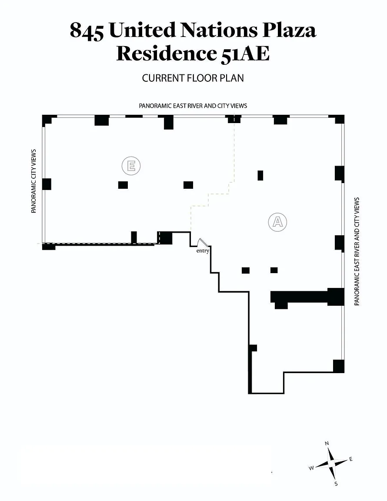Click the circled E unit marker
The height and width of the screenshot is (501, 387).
pos(131,166)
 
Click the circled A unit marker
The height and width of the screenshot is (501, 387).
pos(278,222)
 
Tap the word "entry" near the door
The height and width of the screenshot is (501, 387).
pos(203,251)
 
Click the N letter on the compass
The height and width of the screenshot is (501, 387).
pos(327,443)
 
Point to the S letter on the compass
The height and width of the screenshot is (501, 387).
pos(336,484)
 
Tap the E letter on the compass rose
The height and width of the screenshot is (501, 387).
pos(351,459)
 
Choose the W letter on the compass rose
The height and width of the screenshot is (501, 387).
pos(311,468)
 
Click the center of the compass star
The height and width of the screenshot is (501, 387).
pos(332,463)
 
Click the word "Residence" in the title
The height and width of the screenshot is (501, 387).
pos(166,53)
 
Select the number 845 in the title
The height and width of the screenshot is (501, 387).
pos(87,31)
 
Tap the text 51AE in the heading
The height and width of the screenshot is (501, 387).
pos(245,53)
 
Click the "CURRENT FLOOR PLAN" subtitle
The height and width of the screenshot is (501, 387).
pos(193,78)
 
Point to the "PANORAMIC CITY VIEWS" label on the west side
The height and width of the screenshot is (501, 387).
pos(33,181)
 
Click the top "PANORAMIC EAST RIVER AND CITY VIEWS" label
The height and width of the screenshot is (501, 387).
pos(193,106)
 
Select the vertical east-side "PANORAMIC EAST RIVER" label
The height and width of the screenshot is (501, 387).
pos(357,251)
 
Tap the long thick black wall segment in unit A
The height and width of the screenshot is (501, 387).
pos(307,297)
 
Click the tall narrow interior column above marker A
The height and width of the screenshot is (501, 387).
pos(260,175)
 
